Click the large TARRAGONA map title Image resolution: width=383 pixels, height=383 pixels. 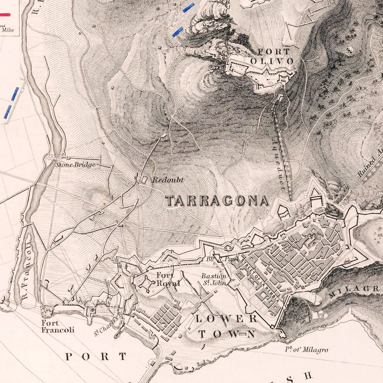[218, 201]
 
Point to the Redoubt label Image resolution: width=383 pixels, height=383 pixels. [168, 180]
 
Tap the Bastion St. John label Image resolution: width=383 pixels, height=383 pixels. [214, 279]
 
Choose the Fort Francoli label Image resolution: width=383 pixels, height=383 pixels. [58, 327]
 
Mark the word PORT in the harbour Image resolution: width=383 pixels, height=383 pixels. [96, 357]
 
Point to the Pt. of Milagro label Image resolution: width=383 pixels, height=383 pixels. [306, 350]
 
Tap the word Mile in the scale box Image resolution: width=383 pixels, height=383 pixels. [8, 30]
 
